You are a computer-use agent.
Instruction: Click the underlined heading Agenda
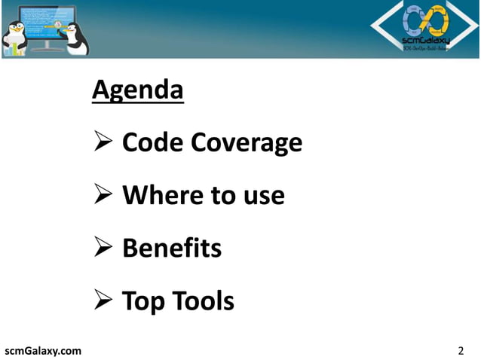[137, 91]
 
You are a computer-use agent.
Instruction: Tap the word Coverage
[247, 142]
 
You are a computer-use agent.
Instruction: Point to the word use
[264, 197]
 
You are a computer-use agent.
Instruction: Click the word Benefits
[171, 248]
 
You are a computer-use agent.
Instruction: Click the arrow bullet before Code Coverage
[102, 142]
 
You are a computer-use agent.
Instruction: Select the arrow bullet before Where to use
[102, 196]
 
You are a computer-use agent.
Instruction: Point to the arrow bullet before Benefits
[102, 249]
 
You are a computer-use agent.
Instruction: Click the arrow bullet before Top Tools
[102, 302]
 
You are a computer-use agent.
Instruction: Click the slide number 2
[461, 350]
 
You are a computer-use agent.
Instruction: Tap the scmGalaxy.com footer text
[43, 350]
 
